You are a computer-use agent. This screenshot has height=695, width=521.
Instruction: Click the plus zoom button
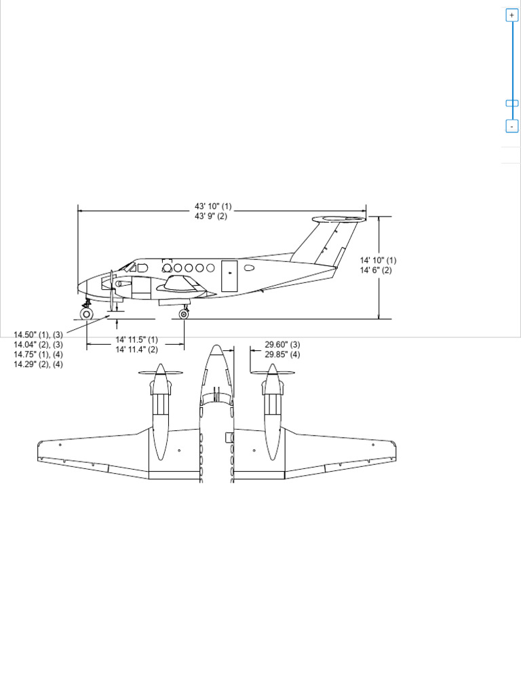pyautogui.click(x=512, y=15)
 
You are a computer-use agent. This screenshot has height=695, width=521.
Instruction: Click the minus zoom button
pyautogui.click(x=512, y=126)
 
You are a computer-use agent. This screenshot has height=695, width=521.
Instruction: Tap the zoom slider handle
pyautogui.click(x=512, y=103)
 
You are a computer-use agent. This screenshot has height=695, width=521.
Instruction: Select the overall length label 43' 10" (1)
pyautogui.click(x=213, y=206)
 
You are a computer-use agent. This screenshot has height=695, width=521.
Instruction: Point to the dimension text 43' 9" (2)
pyautogui.click(x=211, y=217)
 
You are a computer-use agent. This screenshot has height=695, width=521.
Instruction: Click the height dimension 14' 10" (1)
pyautogui.click(x=378, y=261)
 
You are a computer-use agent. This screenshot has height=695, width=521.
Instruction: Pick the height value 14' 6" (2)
pyautogui.click(x=376, y=270)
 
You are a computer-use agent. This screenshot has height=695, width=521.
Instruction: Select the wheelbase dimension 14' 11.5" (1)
pyautogui.click(x=136, y=339)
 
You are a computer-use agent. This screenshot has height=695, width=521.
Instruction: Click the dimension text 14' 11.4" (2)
pyautogui.click(x=136, y=350)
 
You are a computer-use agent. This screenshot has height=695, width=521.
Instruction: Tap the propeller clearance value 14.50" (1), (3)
pyautogui.click(x=38, y=335)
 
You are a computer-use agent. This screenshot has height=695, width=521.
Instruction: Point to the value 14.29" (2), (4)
pyautogui.click(x=38, y=364)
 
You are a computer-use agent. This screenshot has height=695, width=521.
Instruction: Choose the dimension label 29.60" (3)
pyautogui.click(x=282, y=345)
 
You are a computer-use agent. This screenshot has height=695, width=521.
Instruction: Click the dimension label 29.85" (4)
pyautogui.click(x=282, y=354)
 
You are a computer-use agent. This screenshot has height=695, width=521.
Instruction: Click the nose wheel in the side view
pyautogui.click(x=86, y=314)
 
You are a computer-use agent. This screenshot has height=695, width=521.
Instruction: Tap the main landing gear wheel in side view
pyautogui.click(x=184, y=314)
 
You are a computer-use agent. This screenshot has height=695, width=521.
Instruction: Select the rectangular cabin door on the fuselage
pyautogui.click(x=229, y=276)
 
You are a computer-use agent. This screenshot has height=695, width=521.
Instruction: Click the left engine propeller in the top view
pyautogui.click(x=160, y=373)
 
